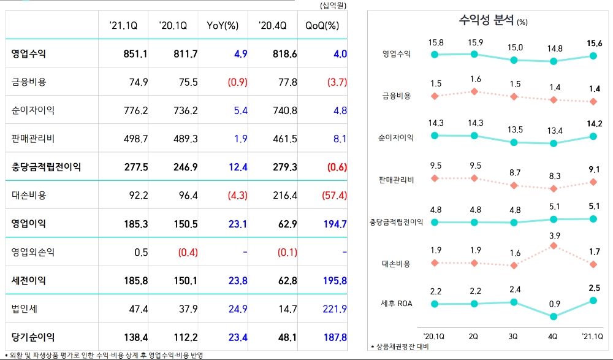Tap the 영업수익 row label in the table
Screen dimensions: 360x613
29,54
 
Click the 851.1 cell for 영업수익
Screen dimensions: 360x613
135,54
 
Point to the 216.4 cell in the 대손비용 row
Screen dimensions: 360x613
284,196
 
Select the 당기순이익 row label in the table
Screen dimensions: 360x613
33,337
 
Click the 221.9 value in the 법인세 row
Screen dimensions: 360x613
335,309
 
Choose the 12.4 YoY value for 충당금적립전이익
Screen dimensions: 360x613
236,167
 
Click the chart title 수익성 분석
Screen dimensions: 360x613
487,20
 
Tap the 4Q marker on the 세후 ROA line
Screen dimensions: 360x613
554,316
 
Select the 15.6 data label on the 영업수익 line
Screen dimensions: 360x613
593,44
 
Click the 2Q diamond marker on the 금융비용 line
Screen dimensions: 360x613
474,92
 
